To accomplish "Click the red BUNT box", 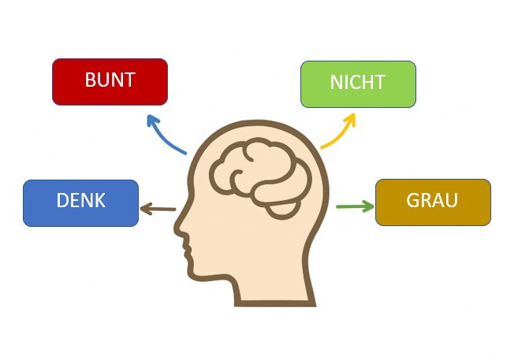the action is click(110, 82).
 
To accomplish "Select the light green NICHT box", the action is click(358, 84).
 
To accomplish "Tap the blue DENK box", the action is click(80, 203).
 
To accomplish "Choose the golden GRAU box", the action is click(433, 202).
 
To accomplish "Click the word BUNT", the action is click(110, 80).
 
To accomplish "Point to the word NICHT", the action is click(358, 82).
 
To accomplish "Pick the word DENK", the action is click(81, 200).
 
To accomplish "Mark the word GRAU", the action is click(432, 200).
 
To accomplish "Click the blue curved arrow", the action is click(162, 139).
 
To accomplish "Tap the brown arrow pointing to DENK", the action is click(158, 209).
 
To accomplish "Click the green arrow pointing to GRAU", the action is click(355, 206).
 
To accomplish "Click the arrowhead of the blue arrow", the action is click(152, 121).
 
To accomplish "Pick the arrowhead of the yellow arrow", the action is click(350, 120).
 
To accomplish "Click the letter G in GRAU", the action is click(412, 200).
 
